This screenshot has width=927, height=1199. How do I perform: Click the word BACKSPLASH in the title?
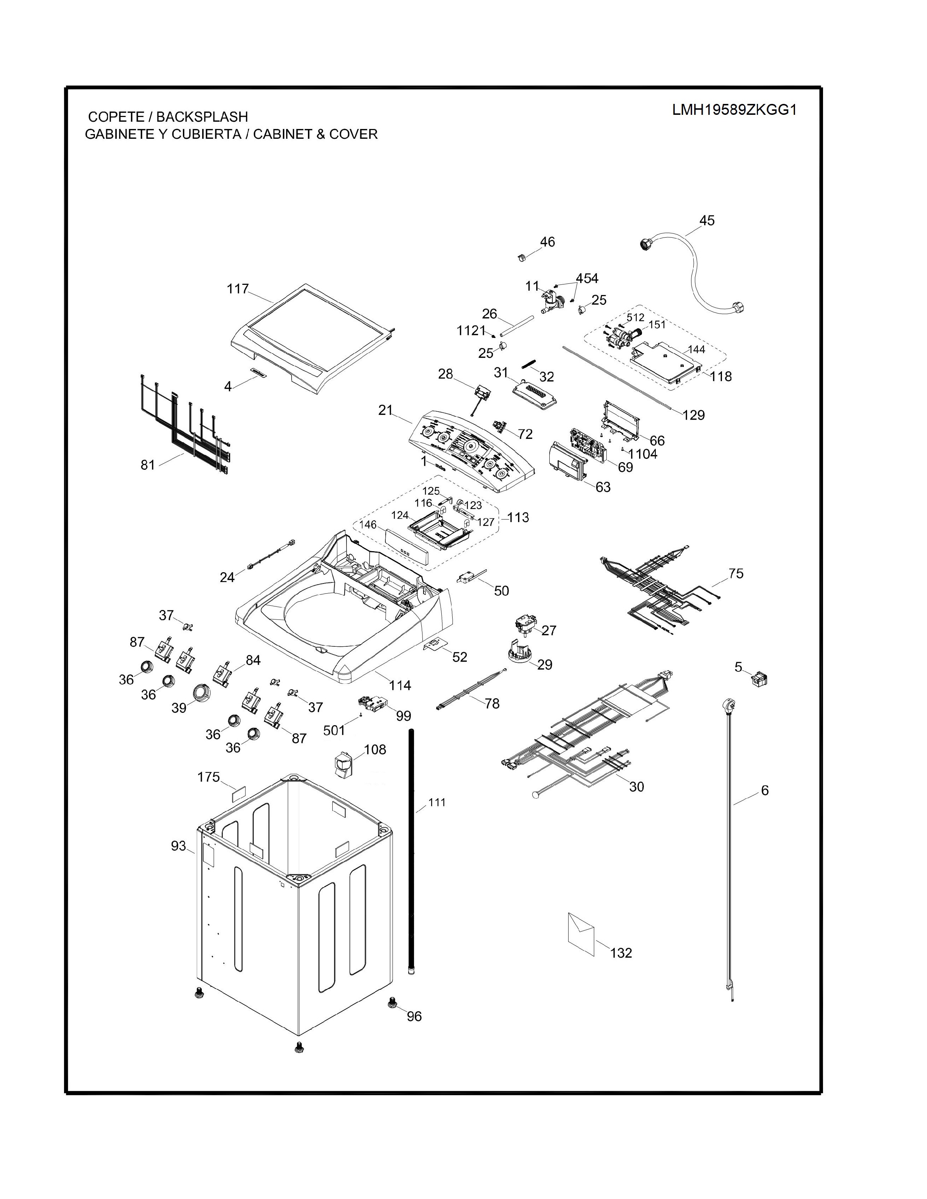202,117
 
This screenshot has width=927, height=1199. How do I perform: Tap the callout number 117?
238,289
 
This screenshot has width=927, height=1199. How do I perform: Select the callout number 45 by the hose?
707,220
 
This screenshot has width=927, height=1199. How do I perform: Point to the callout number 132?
621,953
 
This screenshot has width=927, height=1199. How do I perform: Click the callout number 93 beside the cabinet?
178,846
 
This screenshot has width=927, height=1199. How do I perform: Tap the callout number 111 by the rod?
437,803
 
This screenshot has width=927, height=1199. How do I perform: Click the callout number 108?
375,749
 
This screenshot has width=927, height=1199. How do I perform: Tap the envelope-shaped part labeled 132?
581,933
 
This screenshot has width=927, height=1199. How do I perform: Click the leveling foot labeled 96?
392,1002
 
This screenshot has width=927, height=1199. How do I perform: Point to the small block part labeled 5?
759,679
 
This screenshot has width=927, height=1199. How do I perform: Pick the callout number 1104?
643,454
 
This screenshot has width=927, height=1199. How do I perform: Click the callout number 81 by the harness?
148,465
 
